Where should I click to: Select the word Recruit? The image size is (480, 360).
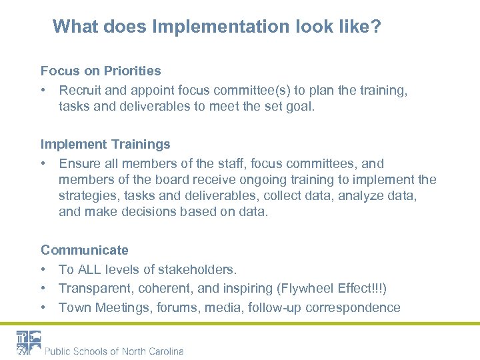pyautogui.click(x=82, y=89)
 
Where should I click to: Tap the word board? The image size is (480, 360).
pyautogui.click(x=167, y=180)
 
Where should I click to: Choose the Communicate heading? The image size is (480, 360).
pyautogui.click(x=85, y=251)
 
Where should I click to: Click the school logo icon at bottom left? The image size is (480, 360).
pyautogui.click(x=29, y=343)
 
